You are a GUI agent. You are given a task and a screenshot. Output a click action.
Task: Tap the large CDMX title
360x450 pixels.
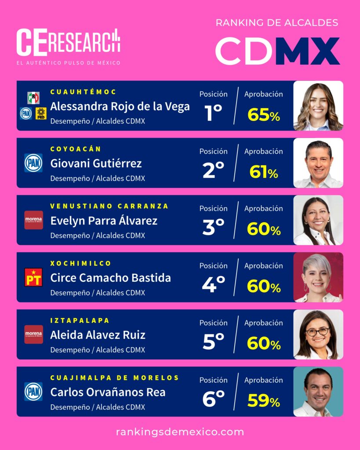(x=277, y=51)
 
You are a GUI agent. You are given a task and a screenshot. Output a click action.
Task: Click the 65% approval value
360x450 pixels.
(x=263, y=115)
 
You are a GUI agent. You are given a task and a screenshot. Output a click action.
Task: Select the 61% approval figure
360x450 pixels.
(x=263, y=172)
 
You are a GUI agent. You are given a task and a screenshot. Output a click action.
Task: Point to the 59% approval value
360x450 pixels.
(x=263, y=400)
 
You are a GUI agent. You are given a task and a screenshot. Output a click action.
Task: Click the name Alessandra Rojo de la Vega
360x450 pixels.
(x=120, y=106)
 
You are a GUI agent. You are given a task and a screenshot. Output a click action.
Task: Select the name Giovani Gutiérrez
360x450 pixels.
(x=96, y=163)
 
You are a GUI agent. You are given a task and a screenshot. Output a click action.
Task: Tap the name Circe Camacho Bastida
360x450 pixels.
(x=110, y=278)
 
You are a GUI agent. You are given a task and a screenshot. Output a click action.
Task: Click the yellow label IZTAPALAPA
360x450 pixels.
(x=80, y=320)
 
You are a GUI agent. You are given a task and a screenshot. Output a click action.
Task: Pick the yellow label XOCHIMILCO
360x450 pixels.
(x=81, y=263)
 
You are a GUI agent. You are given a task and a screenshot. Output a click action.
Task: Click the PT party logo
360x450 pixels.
(x=33, y=277)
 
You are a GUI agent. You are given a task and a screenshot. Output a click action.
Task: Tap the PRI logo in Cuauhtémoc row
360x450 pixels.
(x=33, y=98)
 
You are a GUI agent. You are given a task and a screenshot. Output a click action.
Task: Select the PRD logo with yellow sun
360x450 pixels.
(x=41, y=113)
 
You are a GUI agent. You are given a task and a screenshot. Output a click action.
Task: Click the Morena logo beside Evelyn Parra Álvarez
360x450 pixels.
(x=33, y=220)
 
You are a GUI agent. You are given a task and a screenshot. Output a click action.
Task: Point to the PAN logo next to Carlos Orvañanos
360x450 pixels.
(x=33, y=392)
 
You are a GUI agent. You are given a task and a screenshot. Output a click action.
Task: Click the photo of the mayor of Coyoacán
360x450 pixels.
(x=318, y=163)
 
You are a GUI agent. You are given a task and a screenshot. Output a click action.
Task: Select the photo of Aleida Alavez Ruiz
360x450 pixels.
(x=318, y=334)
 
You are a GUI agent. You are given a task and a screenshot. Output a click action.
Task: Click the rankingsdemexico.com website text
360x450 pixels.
(x=180, y=432)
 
